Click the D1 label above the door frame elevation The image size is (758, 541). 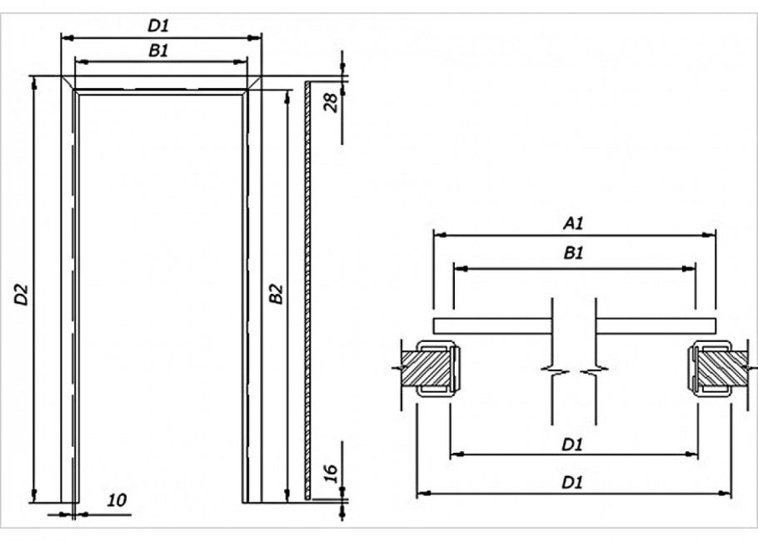coord(159,26)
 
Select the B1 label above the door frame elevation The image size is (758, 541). coord(159,51)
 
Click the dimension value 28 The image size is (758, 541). coord(330,102)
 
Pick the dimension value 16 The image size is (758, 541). coord(330,474)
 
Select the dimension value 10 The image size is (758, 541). coord(117,500)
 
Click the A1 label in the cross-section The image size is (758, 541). coord(572,223)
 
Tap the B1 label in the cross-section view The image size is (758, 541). coord(573,255)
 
